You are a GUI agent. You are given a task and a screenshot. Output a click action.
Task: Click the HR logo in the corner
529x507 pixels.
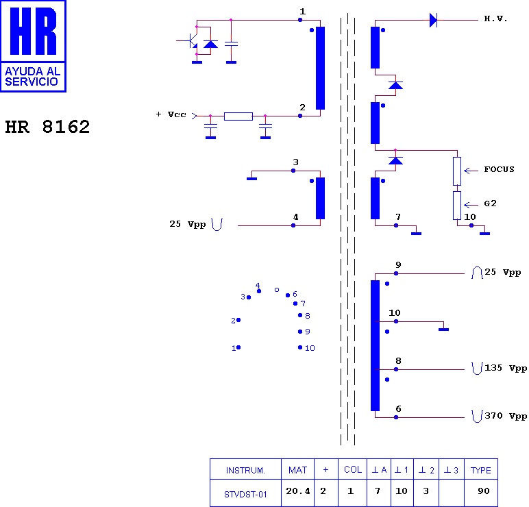coord(33,46)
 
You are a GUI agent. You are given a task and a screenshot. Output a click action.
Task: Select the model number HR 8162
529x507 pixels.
coord(47,127)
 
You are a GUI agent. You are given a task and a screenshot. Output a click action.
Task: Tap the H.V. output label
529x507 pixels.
coord(495,18)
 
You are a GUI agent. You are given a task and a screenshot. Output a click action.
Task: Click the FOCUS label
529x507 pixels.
coord(499,169)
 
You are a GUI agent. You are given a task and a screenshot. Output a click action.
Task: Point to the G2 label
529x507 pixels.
coord(490,203)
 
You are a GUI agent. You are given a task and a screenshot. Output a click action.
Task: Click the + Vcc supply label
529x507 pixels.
coord(171,114)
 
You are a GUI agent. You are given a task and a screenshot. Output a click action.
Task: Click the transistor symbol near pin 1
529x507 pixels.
coord(192,41)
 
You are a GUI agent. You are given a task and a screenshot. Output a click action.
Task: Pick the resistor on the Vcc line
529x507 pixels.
coord(238,116)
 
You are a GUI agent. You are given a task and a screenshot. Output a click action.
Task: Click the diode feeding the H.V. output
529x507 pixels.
coord(433,21)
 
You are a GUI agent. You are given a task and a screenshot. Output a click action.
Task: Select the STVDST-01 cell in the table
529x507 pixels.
coord(245,494)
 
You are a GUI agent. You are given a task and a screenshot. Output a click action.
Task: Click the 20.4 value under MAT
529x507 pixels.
coord(298,491)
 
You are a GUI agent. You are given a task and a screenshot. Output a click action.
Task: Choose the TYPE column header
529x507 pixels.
coord(481,470)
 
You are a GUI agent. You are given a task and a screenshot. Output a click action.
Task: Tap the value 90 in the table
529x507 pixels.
coord(484,491)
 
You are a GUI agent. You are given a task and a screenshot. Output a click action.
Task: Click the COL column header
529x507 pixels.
coord(353,469)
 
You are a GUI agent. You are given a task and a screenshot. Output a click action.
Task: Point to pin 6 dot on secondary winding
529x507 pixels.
coord(396,417)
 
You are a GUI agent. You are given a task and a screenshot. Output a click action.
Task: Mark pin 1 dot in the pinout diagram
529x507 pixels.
coord(238,347)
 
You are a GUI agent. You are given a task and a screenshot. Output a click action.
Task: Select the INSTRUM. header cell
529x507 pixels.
coord(245,470)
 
